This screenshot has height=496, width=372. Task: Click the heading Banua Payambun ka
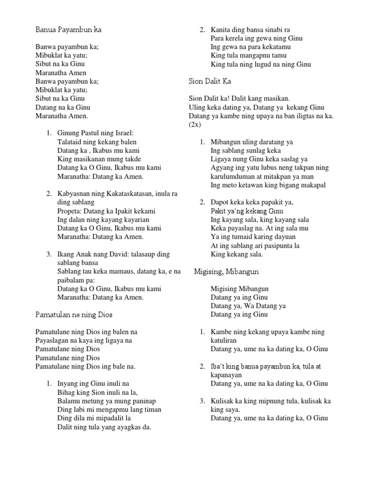(68, 30)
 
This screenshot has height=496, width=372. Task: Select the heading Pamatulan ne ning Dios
(74, 315)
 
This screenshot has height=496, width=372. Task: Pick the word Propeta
(70, 211)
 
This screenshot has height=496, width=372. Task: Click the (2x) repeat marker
(195, 124)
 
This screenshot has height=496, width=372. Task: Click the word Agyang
(221, 168)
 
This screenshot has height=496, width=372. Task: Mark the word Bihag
(65, 392)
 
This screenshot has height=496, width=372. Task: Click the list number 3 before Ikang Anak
(49, 254)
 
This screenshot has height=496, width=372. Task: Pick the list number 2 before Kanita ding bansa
(202, 30)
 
